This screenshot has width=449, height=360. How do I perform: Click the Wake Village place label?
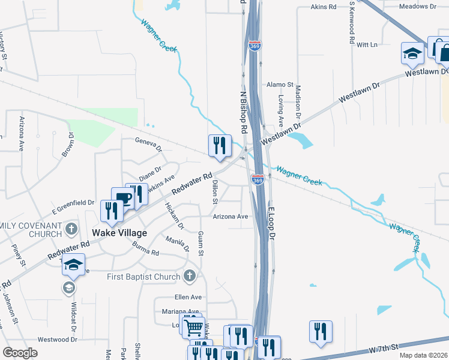(x=119, y=233)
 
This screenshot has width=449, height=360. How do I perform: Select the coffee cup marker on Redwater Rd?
(x=123, y=199)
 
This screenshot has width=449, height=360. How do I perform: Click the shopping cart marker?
(x=193, y=328)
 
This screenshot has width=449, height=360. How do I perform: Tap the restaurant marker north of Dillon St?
(x=220, y=146)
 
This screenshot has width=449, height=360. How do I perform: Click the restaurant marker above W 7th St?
(x=321, y=331)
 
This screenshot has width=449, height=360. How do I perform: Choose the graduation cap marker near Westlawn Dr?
(x=412, y=53)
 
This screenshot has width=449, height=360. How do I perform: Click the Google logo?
(x=20, y=353)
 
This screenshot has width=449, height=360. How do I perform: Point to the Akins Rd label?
(x=324, y=7)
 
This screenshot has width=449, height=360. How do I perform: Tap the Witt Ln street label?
(x=367, y=44)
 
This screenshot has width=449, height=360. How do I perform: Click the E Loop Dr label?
(x=271, y=224)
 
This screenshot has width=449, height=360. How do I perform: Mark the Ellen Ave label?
(x=188, y=297)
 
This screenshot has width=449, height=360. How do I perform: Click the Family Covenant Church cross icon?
(x=71, y=229)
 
